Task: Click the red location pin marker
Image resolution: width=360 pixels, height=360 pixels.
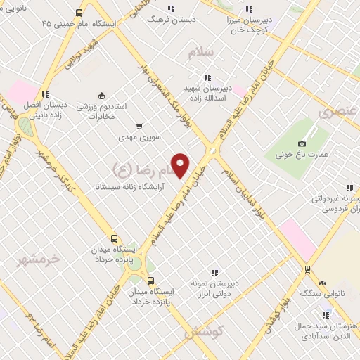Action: pos(181,165)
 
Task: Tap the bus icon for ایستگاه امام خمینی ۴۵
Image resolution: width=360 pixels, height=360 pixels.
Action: pos(79,12)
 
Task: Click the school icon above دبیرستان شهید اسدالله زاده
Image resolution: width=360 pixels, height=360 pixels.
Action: pos(207,77)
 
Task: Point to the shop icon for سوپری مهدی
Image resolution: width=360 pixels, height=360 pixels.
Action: pos(139,126)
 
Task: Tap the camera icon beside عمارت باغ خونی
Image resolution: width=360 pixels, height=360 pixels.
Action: pos(302,143)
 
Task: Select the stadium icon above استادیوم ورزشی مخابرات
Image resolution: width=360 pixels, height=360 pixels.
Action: pos(101,96)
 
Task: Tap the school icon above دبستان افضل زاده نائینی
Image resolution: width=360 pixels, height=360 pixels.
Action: pos(45,94)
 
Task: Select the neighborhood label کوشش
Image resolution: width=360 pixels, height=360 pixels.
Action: pos(204,330)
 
